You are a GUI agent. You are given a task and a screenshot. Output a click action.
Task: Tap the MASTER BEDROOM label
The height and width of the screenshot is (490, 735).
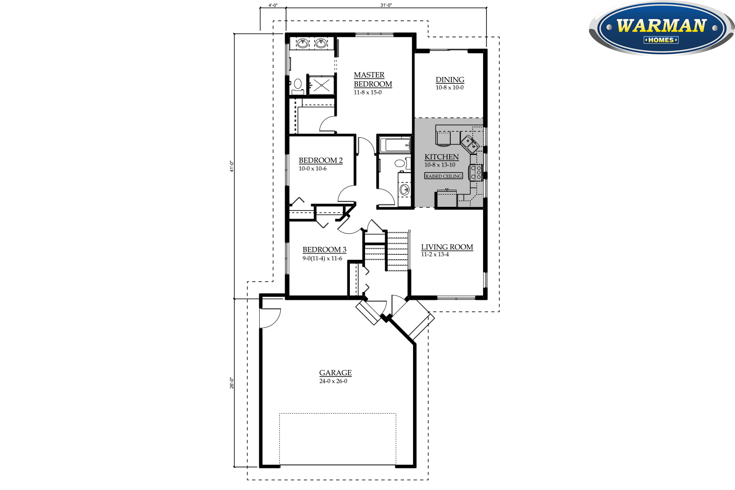(x=372, y=79)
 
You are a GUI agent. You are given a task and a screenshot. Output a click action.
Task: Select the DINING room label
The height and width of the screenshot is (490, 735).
(x=450, y=80)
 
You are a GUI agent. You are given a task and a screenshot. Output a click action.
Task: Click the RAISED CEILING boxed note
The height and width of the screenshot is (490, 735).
(x=443, y=176)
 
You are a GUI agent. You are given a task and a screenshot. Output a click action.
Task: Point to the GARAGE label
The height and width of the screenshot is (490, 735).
(x=336, y=373)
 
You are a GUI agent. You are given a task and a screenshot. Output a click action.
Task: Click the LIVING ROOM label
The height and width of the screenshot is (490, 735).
(x=447, y=247)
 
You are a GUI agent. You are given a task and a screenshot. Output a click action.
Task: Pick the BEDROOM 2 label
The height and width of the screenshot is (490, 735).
(x=320, y=160)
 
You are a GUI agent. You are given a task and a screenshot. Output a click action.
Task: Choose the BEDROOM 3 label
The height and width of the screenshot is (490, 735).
(x=324, y=250)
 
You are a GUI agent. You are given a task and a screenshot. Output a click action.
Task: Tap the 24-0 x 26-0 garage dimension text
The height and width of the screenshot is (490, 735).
(x=333, y=381)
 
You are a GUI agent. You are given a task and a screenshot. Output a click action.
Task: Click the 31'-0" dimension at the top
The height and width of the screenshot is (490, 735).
(x=386, y=5)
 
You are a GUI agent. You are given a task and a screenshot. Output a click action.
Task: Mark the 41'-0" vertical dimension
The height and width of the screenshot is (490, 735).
(x=232, y=166)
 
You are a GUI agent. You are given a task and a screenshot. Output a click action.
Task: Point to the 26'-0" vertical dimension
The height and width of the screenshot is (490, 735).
(x=232, y=383)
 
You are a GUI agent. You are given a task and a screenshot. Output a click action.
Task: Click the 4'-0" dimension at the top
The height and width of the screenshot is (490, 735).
(x=273, y=5)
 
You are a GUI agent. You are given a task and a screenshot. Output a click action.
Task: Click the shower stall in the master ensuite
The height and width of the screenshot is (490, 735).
(x=321, y=85)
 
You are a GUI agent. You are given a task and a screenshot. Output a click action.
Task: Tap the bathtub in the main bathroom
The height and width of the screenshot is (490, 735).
(x=395, y=145)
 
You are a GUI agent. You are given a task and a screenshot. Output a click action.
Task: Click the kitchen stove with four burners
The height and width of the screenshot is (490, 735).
(x=476, y=172)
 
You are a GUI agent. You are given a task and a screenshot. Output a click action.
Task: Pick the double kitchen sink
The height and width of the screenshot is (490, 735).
(x=469, y=144)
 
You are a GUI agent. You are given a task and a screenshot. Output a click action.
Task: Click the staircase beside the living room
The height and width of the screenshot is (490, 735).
(x=397, y=250)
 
